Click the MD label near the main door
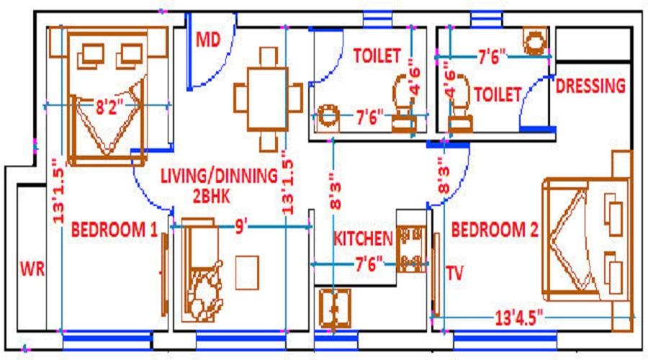208,39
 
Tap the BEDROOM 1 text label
114,230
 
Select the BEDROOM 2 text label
495,230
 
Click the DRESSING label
590,86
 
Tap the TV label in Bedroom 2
454,273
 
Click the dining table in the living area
267,99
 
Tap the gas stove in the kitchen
413,249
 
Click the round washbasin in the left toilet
328,117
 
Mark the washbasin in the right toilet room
534,41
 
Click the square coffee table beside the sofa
247,272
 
